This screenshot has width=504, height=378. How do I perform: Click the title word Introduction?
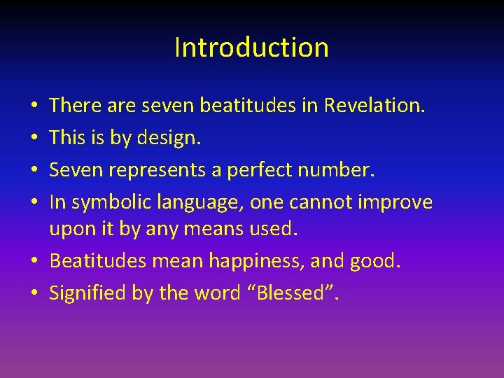(251, 48)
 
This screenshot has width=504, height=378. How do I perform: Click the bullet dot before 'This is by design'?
(35, 139)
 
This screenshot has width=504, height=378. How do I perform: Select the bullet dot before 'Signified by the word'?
(35, 293)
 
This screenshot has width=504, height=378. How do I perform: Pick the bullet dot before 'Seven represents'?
(35, 171)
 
